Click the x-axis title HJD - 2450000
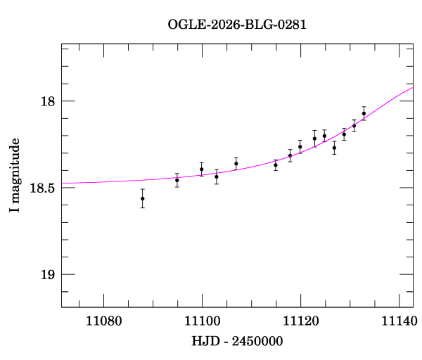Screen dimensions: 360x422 (x=237, y=342)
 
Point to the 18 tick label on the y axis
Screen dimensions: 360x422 (x=48, y=101)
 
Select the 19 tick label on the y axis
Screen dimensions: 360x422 (x=48, y=274)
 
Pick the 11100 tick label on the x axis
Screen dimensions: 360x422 (x=202, y=321)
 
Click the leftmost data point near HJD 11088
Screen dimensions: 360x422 (x=143, y=198)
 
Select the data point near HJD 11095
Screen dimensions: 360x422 (x=177, y=180)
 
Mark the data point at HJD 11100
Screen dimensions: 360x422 (x=202, y=169)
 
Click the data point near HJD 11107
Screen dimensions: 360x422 (x=236, y=163)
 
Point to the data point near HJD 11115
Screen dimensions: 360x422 (x=276, y=165)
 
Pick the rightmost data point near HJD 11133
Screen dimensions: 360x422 (x=364, y=113)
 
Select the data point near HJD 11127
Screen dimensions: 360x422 (x=334, y=148)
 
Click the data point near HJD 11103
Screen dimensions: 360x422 (x=217, y=176)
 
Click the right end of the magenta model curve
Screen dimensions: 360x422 (x=412, y=88)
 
